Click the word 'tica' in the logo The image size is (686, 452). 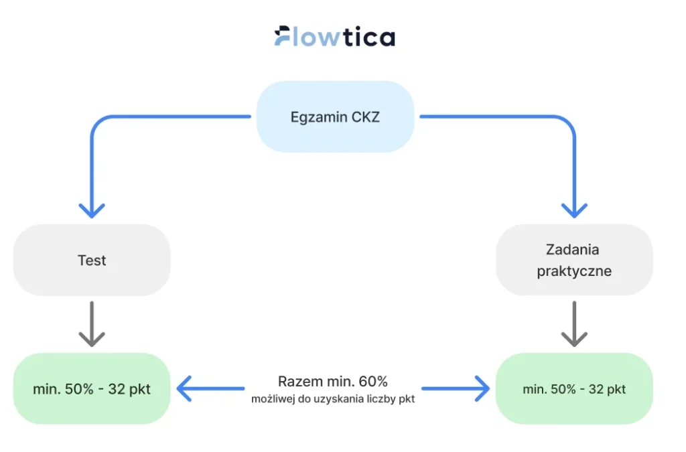click(368, 37)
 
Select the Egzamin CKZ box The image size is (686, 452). click(335, 117)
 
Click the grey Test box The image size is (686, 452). click(92, 260)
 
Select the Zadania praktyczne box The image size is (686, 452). click(573, 260)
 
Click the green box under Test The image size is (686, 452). click(92, 388)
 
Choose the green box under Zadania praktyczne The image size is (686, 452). click(573, 388)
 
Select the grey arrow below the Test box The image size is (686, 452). click(92, 324)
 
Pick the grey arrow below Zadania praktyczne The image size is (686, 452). click(574, 324)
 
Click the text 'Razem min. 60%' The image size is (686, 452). click(333, 382)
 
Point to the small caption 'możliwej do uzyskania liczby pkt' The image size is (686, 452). click(333, 400)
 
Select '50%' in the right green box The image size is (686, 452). click(561, 388)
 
